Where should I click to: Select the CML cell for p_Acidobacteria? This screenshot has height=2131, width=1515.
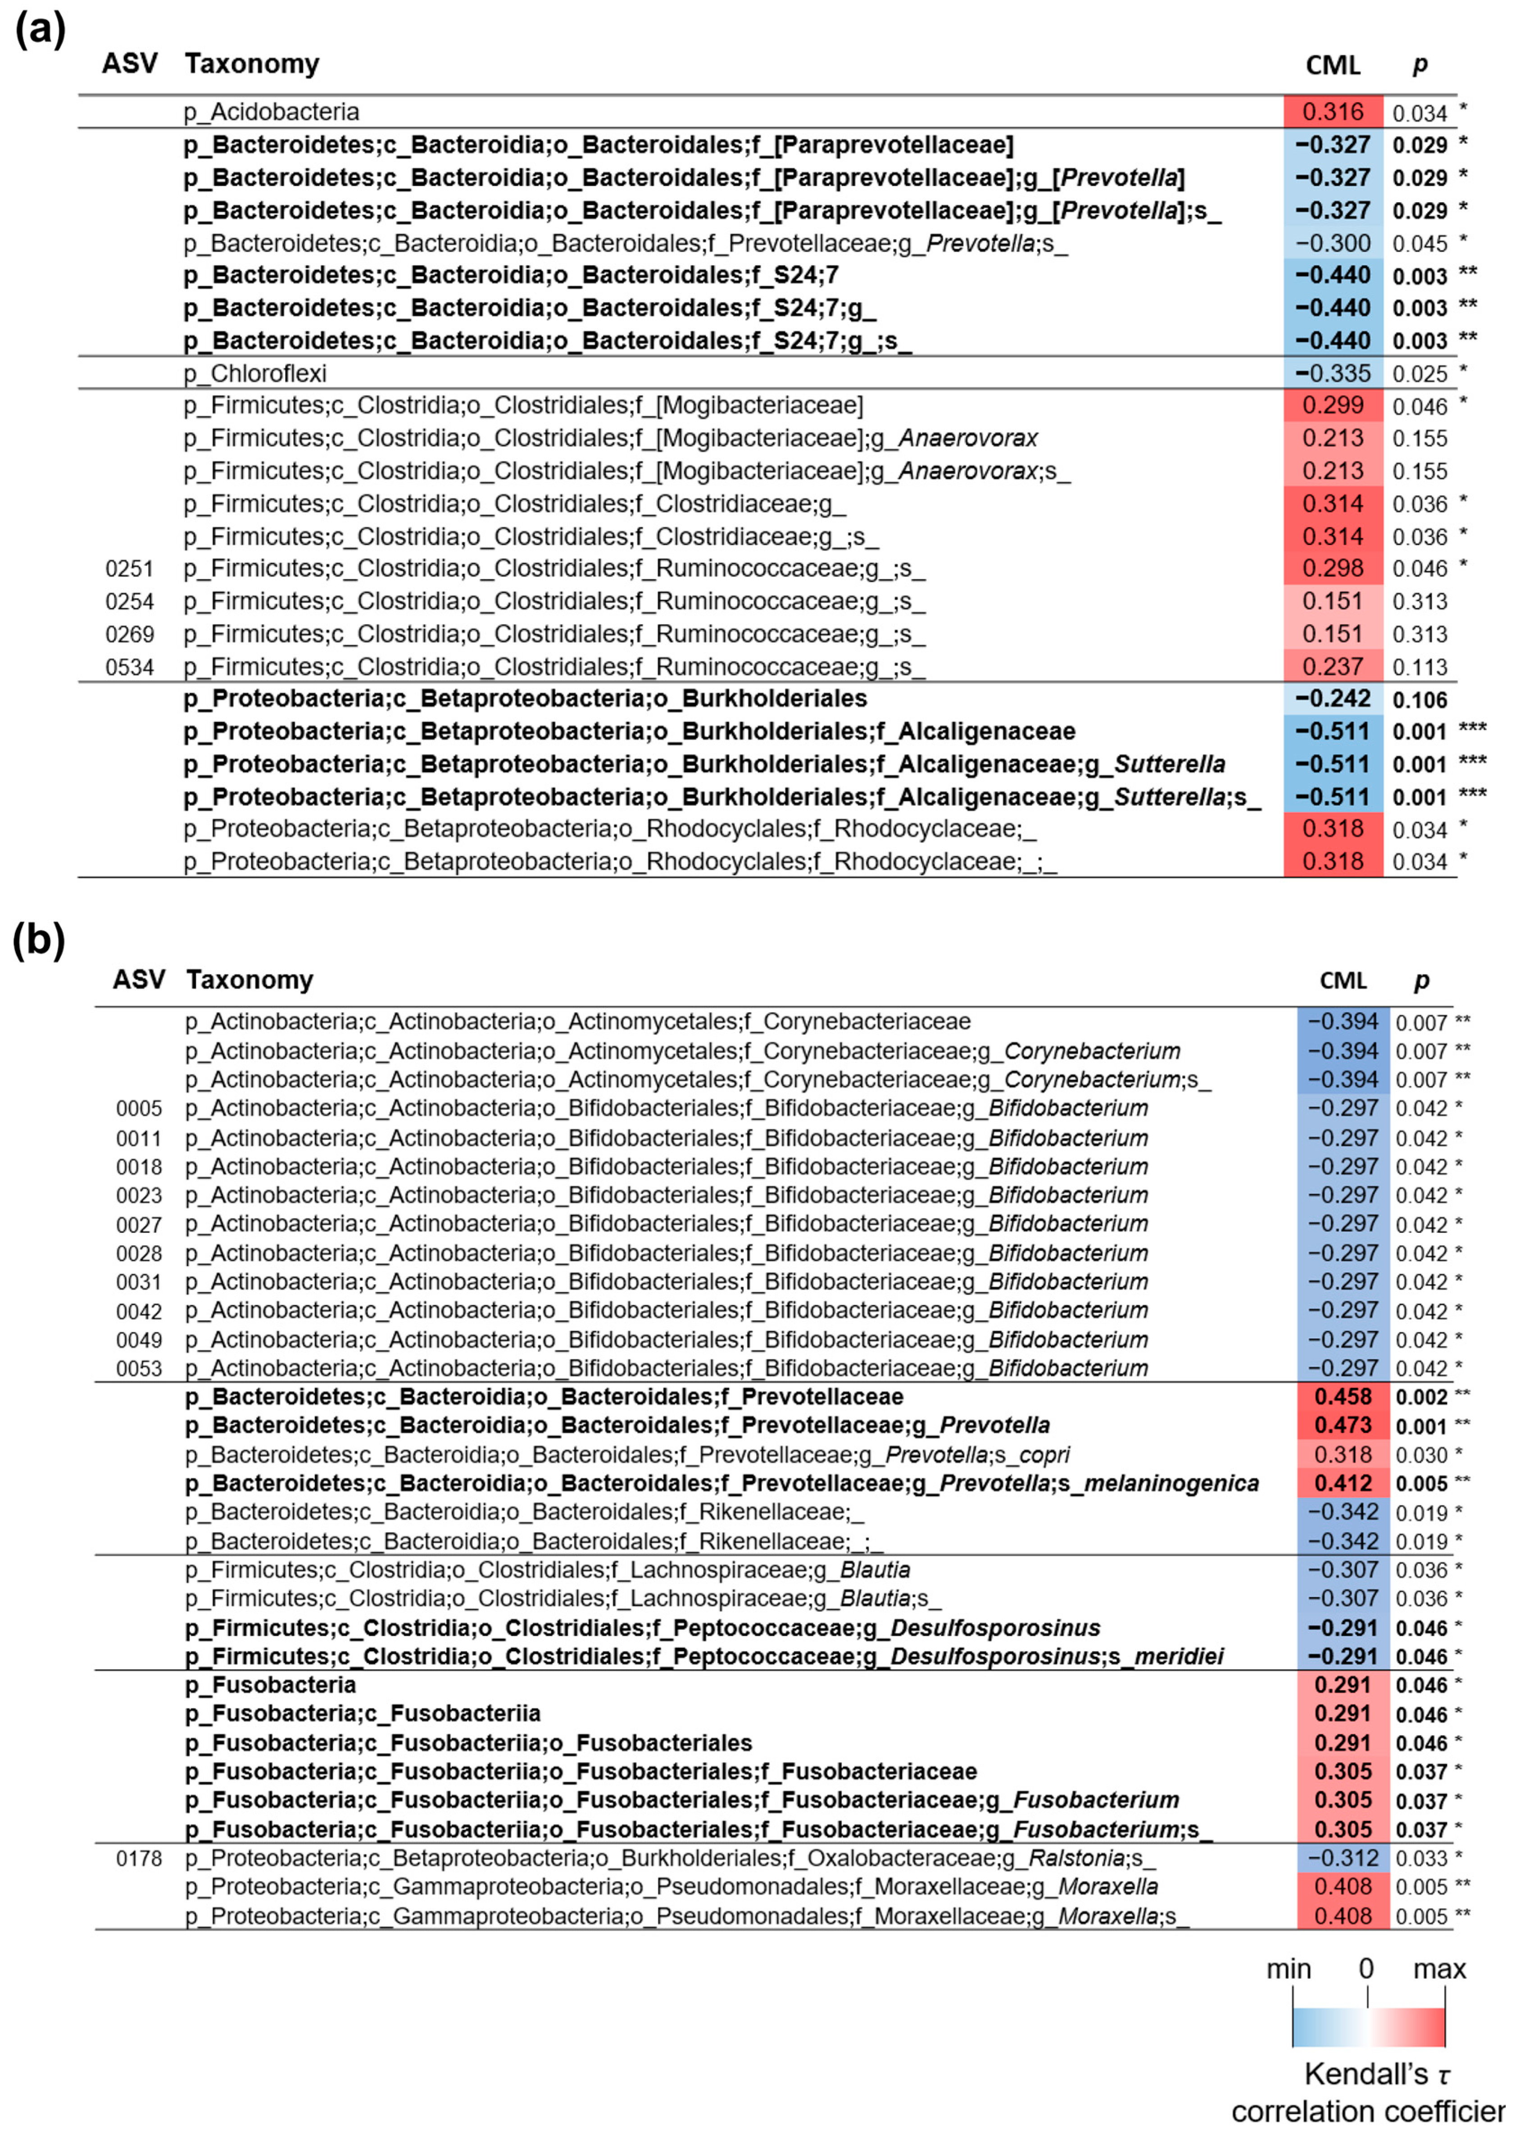coord(1332,112)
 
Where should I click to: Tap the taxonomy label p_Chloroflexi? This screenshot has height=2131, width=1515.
coord(255,373)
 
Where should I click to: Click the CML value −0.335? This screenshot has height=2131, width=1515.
coord(1332,373)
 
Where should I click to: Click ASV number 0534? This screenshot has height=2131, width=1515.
coord(129,667)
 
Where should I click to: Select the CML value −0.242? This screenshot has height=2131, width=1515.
coord(1332,699)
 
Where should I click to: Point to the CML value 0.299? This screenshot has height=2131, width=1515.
coord(1332,406)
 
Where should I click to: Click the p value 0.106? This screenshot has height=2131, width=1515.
coord(1419,700)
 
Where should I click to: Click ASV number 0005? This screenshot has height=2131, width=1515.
coord(139,1109)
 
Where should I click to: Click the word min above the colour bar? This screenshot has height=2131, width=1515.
coord(1288,1969)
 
